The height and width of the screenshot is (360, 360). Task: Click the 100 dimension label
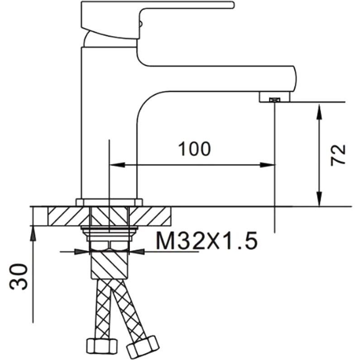pyautogui.click(x=194, y=149)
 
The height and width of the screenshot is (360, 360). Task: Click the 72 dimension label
pyautogui.click(x=338, y=155)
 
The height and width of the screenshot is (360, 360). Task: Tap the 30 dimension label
pyautogui.click(x=19, y=276)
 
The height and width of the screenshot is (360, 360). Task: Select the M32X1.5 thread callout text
pyautogui.click(x=206, y=240)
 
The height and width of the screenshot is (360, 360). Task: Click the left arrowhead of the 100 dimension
pyautogui.click(x=118, y=165)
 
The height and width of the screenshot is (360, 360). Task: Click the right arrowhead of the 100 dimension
pyautogui.click(x=267, y=165)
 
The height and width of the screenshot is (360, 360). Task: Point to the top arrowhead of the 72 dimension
pyautogui.click(x=319, y=111)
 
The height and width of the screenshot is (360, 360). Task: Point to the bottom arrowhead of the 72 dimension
pyautogui.click(x=319, y=199)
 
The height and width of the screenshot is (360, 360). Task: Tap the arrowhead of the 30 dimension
pyautogui.click(x=33, y=233)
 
